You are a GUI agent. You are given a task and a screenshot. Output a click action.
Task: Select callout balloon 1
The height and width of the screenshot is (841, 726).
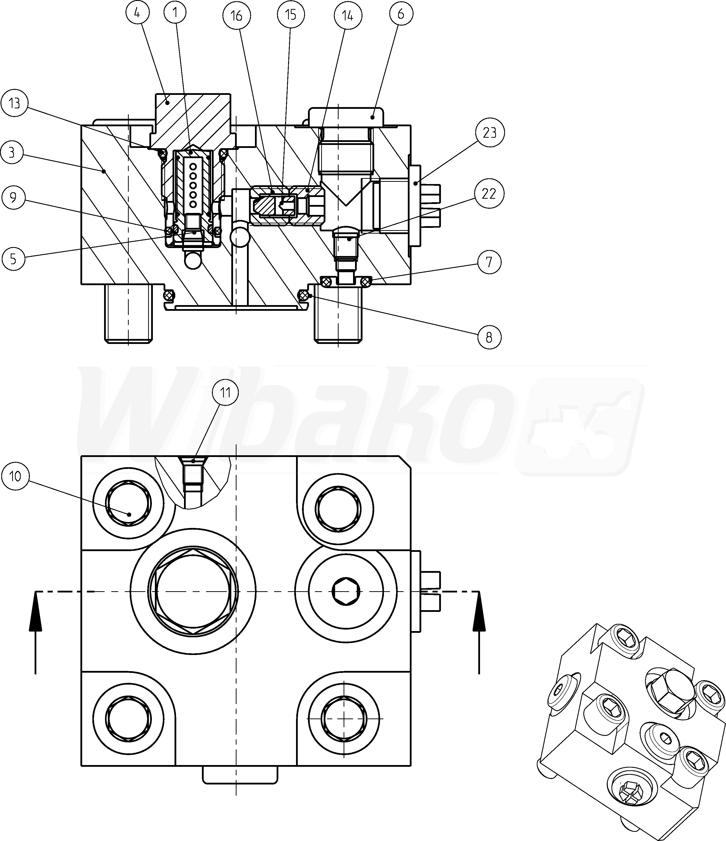point(175,13)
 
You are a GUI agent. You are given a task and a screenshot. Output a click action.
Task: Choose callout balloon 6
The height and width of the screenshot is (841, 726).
point(401,14)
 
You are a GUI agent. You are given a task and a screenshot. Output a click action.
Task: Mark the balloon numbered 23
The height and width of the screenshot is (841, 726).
point(489,132)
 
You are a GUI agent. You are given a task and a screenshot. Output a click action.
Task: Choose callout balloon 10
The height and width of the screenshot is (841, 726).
point(15,476)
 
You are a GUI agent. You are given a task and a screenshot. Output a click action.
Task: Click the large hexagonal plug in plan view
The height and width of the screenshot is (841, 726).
point(193,591)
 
